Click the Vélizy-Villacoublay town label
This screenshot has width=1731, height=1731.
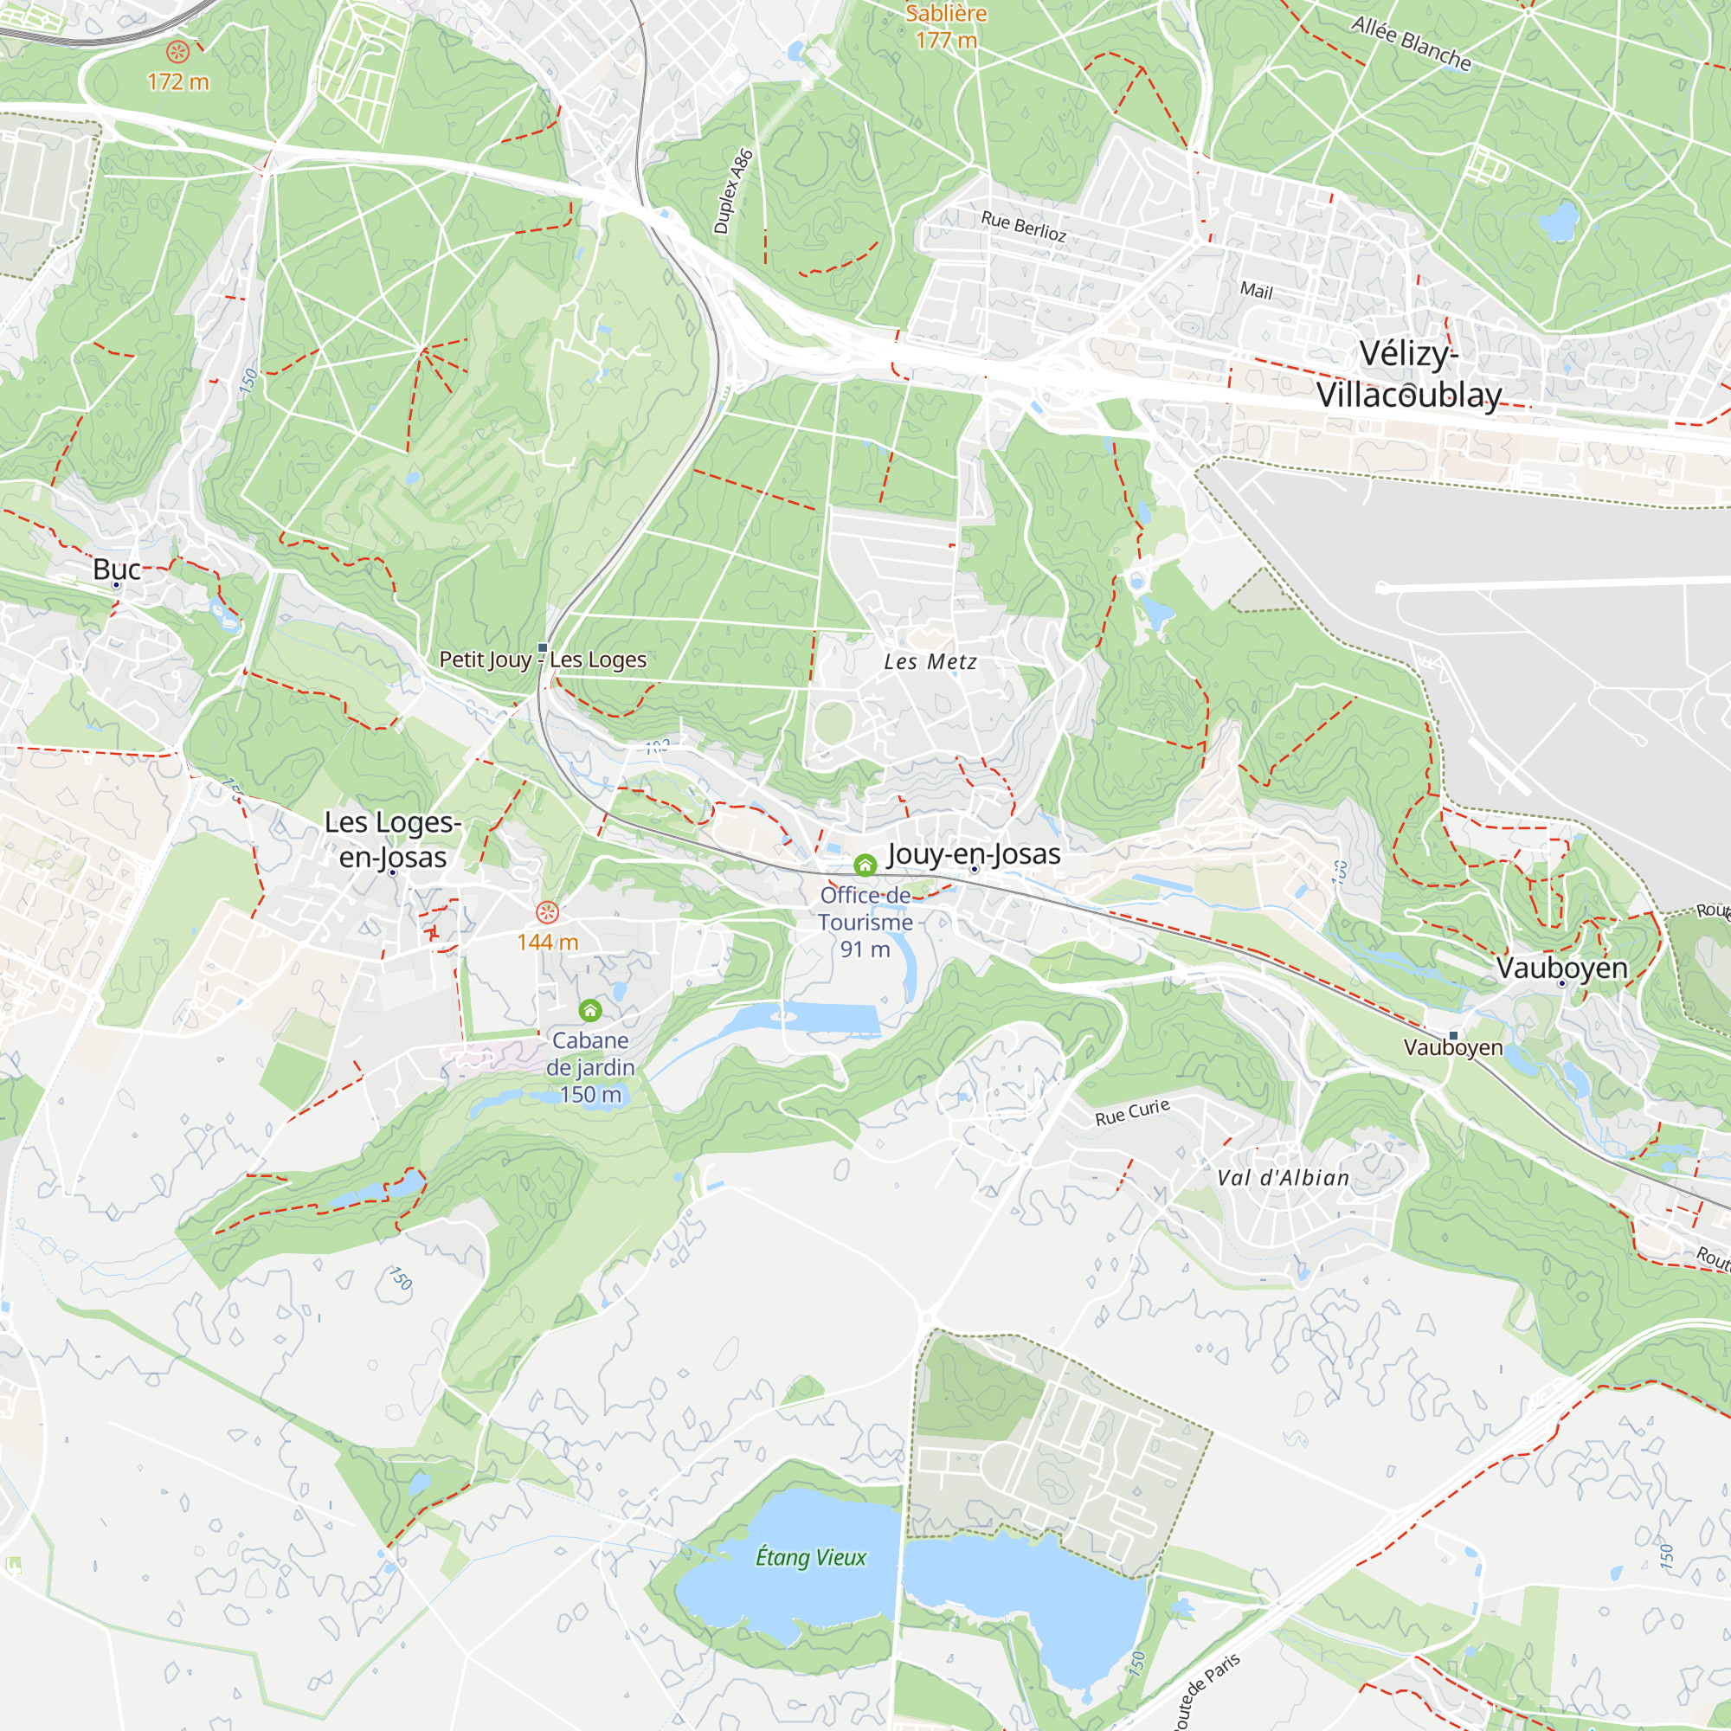[1408, 375]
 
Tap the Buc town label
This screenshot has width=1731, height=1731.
[117, 569]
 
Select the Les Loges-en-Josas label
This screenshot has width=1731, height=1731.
[392, 840]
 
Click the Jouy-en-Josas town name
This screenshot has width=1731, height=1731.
[973, 854]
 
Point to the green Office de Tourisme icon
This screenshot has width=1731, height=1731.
[865, 865]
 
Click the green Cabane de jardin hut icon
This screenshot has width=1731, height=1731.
[589, 1011]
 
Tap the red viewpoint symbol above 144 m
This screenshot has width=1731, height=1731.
[546, 913]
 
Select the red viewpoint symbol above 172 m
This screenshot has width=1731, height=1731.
[178, 53]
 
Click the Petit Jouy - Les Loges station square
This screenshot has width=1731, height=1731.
[542, 647]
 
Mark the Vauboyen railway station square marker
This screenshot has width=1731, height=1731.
[1453, 1036]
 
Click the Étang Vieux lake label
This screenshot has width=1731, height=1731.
[810, 1557]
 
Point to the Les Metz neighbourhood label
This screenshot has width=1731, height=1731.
[930, 662]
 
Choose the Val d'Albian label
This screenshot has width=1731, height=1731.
[1283, 1178]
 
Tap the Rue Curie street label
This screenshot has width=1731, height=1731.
[1132, 1112]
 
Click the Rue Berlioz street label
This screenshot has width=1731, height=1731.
[1023, 226]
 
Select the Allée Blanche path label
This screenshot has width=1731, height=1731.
[1411, 44]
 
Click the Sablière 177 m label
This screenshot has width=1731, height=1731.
[945, 27]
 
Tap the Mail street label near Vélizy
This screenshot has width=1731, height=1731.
[1256, 290]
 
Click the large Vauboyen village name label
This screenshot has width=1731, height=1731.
[1561, 968]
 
